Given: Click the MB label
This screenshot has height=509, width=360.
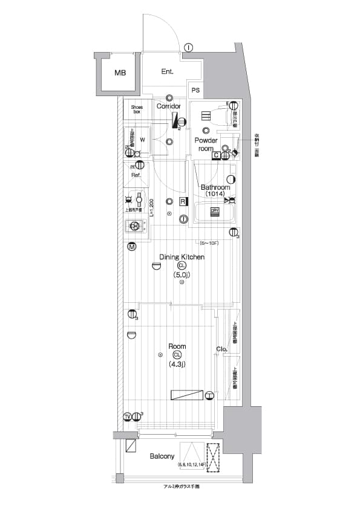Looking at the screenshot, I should pyautogui.click(x=120, y=73).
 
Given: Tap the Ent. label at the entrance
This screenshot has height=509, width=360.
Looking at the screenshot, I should pyautogui.click(x=168, y=71).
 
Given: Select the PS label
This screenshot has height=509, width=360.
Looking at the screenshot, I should pyautogui.click(x=195, y=91).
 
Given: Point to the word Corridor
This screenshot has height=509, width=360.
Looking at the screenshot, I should pyautogui.click(x=169, y=106).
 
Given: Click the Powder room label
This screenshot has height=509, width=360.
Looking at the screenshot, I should pyautogui.click(x=205, y=144).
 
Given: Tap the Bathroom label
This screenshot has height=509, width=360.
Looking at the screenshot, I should pyautogui.click(x=215, y=187).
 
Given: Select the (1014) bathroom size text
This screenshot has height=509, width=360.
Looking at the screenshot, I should pyautogui.click(x=215, y=194).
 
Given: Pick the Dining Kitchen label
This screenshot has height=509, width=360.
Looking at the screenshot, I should pyautogui.click(x=182, y=257).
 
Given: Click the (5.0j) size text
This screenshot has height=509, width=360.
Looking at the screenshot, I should pyautogui.click(x=182, y=275).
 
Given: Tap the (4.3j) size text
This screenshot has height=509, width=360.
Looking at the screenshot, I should pyautogui.click(x=177, y=365).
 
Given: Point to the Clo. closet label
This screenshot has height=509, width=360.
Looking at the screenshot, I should pyautogui.click(x=221, y=349).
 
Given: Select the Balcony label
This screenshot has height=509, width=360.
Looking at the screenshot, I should pyautogui.click(x=162, y=456).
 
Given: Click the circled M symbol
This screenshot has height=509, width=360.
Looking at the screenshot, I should pyautogui.click(x=132, y=247).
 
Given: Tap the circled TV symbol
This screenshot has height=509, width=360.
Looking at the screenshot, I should pyautogui.click(x=128, y=417).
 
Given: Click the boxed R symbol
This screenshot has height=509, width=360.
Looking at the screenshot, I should pyautogui.click(x=182, y=202).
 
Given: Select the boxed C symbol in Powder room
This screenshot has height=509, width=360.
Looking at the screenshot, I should pyautogui.click(x=215, y=155).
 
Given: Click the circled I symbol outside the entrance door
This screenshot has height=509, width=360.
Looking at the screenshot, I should pyautogui.click(x=189, y=48).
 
